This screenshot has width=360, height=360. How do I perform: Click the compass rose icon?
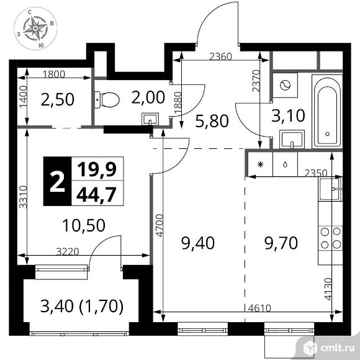click(35, 28)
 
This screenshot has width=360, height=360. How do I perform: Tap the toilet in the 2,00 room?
click(107, 100)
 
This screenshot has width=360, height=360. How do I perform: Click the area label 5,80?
click(212, 121)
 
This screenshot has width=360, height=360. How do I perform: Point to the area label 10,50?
click(84, 225)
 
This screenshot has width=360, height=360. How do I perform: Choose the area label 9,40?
click(198, 243)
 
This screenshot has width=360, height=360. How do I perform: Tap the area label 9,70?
click(281, 243)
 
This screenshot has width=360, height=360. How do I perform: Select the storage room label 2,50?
click(57, 100)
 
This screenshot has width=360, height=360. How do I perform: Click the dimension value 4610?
click(260, 308)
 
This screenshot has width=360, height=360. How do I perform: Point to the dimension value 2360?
click(221, 56)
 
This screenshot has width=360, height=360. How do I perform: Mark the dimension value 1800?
click(54, 74)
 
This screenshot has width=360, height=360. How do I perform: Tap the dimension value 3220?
click(68, 251)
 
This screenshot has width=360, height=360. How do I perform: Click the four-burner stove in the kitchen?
click(331, 238)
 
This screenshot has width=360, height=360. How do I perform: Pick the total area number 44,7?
click(96, 194)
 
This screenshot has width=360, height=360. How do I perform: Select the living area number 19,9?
click(97, 169)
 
